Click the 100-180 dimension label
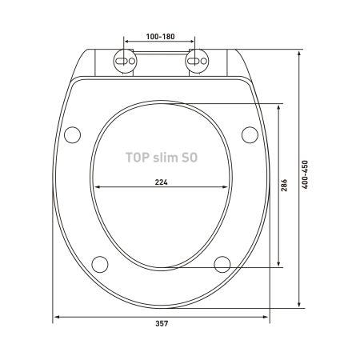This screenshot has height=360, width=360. [x=160, y=37]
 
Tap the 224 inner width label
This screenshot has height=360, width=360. [x=162, y=182]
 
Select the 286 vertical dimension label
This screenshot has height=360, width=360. [x=284, y=185]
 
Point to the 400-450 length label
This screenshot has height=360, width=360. [x=305, y=174]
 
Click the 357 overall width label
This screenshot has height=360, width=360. [x=162, y=323]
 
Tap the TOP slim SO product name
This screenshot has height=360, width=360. [x=162, y=158]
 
